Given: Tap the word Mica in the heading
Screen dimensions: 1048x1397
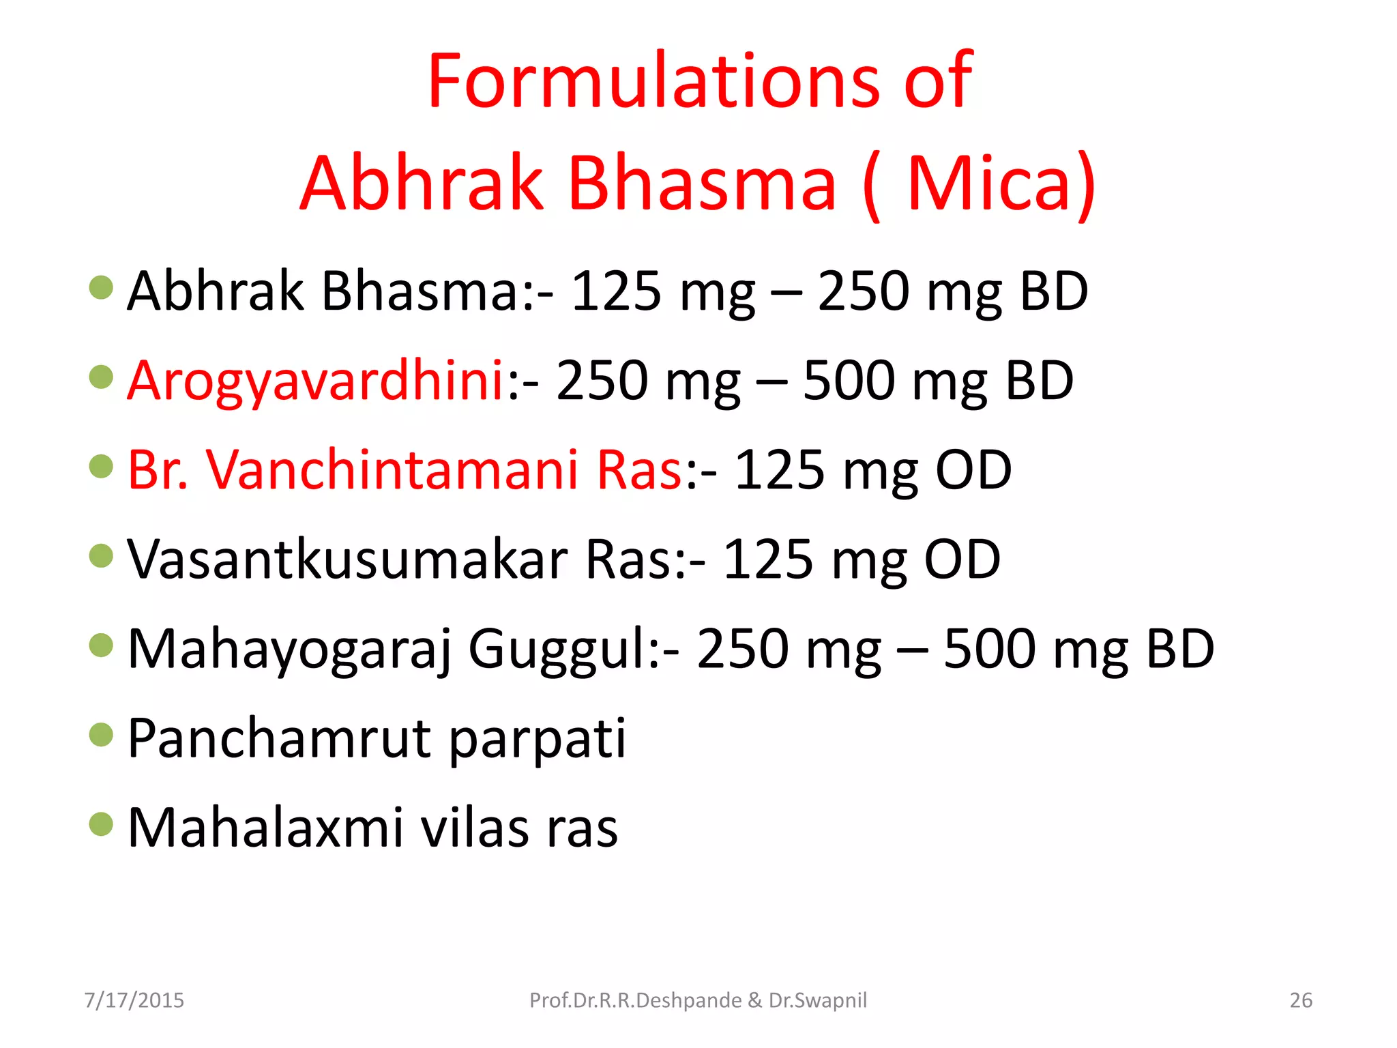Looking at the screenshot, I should click(989, 183).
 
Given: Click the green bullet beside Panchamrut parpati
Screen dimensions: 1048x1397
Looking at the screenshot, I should click(101, 735).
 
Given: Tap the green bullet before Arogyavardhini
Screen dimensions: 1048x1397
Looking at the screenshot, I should click(101, 377).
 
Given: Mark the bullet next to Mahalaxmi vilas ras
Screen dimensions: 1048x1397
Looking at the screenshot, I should click(101, 824).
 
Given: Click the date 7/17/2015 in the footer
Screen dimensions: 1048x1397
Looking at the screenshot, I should click(134, 1000).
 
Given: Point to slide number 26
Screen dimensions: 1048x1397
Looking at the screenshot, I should click(1301, 1000).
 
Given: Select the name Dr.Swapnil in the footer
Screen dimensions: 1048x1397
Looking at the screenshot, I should click(818, 1000).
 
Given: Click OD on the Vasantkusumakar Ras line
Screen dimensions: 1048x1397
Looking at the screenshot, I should click(962, 559).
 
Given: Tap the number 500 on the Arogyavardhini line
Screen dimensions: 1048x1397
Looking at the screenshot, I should click(848, 381).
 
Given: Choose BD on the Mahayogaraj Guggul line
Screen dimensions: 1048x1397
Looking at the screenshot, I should click(1180, 649).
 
